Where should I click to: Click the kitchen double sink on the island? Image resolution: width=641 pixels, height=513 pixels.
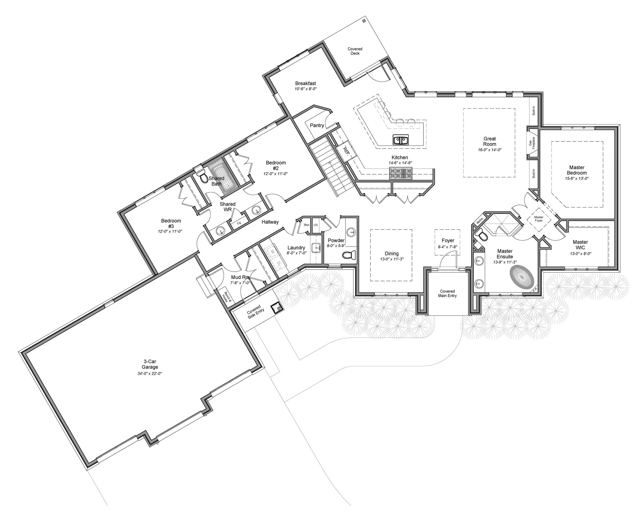coord(401,140)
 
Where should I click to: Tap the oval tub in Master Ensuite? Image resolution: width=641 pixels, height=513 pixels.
coord(522,277)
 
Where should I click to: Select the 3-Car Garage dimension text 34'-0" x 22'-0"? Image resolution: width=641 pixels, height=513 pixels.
coord(149,373)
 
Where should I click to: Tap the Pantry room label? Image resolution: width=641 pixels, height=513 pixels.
coord(317,125)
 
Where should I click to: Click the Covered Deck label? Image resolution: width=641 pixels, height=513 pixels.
coord(355,51)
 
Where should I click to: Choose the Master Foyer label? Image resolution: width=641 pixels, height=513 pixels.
coord(538,219)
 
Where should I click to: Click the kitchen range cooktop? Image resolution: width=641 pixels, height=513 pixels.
coord(401,173)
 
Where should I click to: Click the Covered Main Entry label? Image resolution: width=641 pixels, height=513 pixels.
coord(447,293)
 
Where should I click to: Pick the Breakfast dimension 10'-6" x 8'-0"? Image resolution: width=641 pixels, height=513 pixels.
coord(306,89)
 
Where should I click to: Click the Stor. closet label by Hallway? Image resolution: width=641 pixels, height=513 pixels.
coord(307,225)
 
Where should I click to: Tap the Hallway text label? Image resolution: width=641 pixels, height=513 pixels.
coord(270,222)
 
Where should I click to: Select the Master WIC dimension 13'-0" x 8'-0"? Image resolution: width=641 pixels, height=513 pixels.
coord(580,254)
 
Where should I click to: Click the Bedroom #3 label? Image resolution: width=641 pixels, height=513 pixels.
coord(171,223)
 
